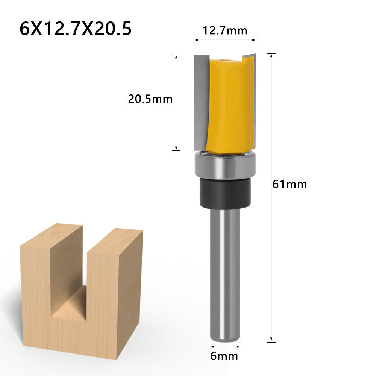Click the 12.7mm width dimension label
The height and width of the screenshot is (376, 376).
tap(225, 30)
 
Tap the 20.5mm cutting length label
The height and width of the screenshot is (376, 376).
tap(150, 99)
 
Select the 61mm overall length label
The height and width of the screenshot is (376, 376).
tap(290, 184)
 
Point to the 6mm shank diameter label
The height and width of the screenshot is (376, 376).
tap(224, 356)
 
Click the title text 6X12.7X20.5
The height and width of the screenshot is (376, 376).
tap(76, 29)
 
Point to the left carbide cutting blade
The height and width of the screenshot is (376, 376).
tap(200, 102)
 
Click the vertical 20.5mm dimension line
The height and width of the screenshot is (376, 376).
tap(176, 124)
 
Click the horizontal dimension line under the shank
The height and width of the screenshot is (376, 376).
tap(225, 347)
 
